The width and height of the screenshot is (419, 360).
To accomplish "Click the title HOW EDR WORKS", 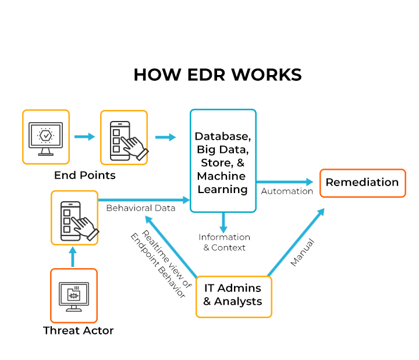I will (217, 75).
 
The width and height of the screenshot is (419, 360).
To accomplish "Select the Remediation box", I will (362, 183).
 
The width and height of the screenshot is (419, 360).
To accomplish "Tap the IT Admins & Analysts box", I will (233, 295).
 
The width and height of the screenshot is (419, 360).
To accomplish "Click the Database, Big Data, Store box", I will (223, 161).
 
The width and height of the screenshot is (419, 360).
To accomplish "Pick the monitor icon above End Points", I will (45, 137).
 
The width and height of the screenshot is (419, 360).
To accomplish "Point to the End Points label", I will (85, 175).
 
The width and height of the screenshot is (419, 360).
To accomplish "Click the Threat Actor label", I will (78, 331).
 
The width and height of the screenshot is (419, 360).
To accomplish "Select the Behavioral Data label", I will (140, 208).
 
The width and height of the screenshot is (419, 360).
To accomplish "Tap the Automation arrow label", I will (287, 191).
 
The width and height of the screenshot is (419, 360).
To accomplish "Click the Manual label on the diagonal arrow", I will (303, 252).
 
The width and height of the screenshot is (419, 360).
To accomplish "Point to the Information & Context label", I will (224, 242).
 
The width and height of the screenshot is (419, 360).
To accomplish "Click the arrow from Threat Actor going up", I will (73, 256).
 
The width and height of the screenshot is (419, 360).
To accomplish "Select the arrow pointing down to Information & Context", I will (223, 221).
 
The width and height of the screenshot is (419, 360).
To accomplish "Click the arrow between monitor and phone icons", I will (84, 137).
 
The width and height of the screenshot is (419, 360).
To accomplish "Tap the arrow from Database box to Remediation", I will (285, 182).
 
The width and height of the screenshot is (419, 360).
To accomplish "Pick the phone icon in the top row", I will (123, 137).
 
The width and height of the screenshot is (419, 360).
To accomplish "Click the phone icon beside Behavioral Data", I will (74, 217).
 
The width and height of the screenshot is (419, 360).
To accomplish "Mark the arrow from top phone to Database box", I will (165, 137).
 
